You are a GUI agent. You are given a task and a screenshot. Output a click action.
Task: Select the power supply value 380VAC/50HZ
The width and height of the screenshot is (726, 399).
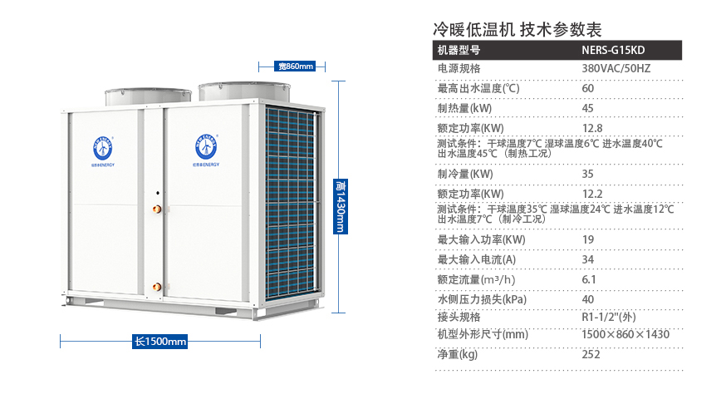pos(616,68)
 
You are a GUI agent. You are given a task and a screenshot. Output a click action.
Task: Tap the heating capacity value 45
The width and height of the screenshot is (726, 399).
pos(588,108)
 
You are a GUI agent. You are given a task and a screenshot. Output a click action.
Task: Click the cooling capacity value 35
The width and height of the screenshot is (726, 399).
pos(588,174)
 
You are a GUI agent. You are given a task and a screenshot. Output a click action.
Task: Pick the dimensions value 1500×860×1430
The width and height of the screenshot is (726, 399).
pos(625,334)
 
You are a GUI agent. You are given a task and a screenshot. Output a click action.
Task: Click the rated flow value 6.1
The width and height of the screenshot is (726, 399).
pos(588,279)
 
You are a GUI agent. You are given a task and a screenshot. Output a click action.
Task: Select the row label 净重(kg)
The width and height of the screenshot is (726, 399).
pos(458,354)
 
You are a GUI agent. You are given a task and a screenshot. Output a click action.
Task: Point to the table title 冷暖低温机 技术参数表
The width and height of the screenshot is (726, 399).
pos(517,29)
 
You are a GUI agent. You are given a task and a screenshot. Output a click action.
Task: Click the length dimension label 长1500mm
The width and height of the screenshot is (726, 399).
pos(160,341)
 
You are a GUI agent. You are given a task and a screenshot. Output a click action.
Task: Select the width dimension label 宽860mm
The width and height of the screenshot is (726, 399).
pos(296,66)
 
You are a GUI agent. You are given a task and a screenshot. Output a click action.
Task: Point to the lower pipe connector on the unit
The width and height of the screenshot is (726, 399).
pos(155,288)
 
